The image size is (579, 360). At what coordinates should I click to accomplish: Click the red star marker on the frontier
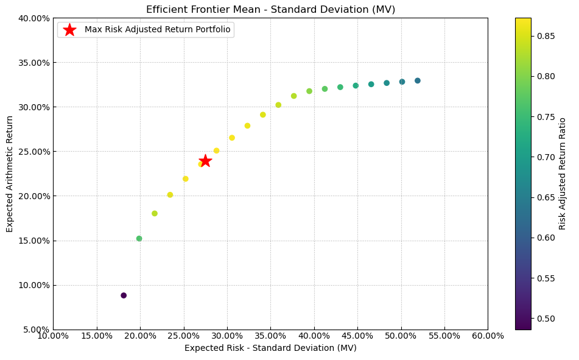tap(205, 161)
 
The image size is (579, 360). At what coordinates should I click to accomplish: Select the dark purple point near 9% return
tap(124, 295)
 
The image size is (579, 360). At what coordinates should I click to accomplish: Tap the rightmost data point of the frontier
tap(418, 80)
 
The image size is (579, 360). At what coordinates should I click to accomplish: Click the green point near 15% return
tap(139, 239)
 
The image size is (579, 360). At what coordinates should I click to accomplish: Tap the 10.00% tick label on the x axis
tap(53, 336)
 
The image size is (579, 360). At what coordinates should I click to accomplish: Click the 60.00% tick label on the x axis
tap(488, 336)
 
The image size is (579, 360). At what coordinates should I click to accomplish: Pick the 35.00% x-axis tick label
tap(270, 336)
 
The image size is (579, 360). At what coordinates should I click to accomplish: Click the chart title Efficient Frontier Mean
tap(270, 9)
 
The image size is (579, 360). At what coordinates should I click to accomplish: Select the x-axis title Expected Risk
tap(270, 348)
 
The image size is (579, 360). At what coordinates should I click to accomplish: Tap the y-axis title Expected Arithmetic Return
tap(10, 174)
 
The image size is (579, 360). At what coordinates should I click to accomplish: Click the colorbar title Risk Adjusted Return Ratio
tap(563, 174)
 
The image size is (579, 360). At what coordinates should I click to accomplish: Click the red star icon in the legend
tap(70, 30)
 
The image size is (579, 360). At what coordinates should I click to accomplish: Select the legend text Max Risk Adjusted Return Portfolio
tap(157, 30)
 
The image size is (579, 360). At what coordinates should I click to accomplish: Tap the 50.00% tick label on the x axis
tap(401, 336)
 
